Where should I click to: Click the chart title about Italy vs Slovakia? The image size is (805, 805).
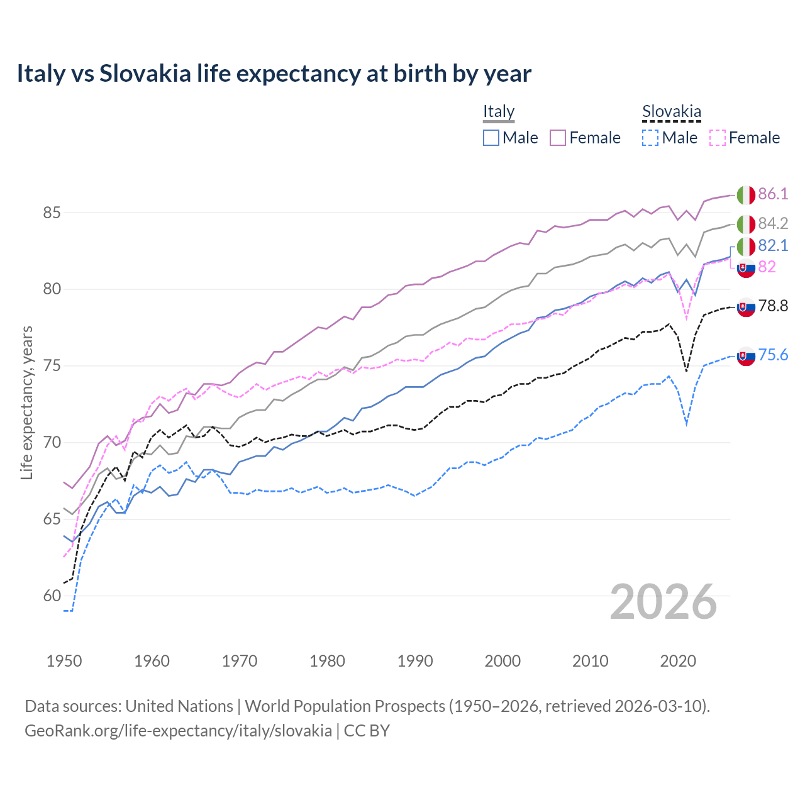pyautogui.click(x=274, y=74)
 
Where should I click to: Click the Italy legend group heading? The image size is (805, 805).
pyautogui.click(x=499, y=112)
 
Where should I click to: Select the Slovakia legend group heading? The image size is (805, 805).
pyautogui.click(x=671, y=112)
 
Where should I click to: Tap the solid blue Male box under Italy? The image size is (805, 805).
pyautogui.click(x=491, y=138)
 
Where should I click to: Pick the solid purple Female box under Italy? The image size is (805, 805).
pyautogui.click(x=558, y=138)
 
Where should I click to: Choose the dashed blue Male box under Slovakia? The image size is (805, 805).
pyautogui.click(x=650, y=138)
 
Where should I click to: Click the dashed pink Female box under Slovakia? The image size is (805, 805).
pyautogui.click(x=718, y=138)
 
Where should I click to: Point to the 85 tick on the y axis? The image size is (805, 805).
pyautogui.click(x=52, y=213)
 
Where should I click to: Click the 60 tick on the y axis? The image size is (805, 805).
pyautogui.click(x=52, y=596)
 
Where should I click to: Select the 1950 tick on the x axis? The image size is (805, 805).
pyautogui.click(x=64, y=661)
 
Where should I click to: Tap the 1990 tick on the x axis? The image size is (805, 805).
pyautogui.click(x=415, y=661)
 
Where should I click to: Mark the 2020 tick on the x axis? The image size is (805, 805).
pyautogui.click(x=678, y=661)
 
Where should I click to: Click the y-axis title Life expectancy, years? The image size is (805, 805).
pyautogui.click(x=26, y=402)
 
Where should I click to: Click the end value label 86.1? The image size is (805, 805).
pyautogui.click(x=773, y=194)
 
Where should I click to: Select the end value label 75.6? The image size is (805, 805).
pyautogui.click(x=773, y=355)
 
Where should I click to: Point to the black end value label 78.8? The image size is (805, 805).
pyautogui.click(x=773, y=306)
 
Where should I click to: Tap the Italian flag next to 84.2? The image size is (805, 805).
pyautogui.click(x=746, y=224)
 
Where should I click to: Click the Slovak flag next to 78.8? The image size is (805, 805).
pyautogui.click(x=746, y=307)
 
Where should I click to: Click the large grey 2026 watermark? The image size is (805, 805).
pyautogui.click(x=663, y=602)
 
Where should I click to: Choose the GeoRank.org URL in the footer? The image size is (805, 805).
pyautogui.click(x=178, y=731)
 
